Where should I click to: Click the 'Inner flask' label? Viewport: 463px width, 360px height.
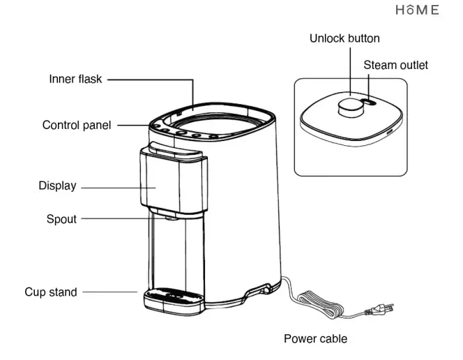75,80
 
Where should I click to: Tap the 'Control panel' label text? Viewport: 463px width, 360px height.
76,126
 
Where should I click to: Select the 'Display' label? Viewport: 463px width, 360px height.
57,186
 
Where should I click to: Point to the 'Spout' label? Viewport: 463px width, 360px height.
61,219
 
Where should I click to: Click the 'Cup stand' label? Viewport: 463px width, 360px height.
51,292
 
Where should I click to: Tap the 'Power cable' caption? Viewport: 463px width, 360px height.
315,339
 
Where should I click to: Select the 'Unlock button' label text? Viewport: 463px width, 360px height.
344,38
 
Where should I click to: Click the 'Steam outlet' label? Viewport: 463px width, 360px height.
395,66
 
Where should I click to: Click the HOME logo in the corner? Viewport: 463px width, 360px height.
418,10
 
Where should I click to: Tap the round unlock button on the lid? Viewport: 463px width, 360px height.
349,107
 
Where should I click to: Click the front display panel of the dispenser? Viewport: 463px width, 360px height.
160,181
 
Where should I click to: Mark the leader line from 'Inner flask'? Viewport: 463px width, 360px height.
150,80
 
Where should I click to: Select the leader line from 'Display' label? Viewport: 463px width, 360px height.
112,187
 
